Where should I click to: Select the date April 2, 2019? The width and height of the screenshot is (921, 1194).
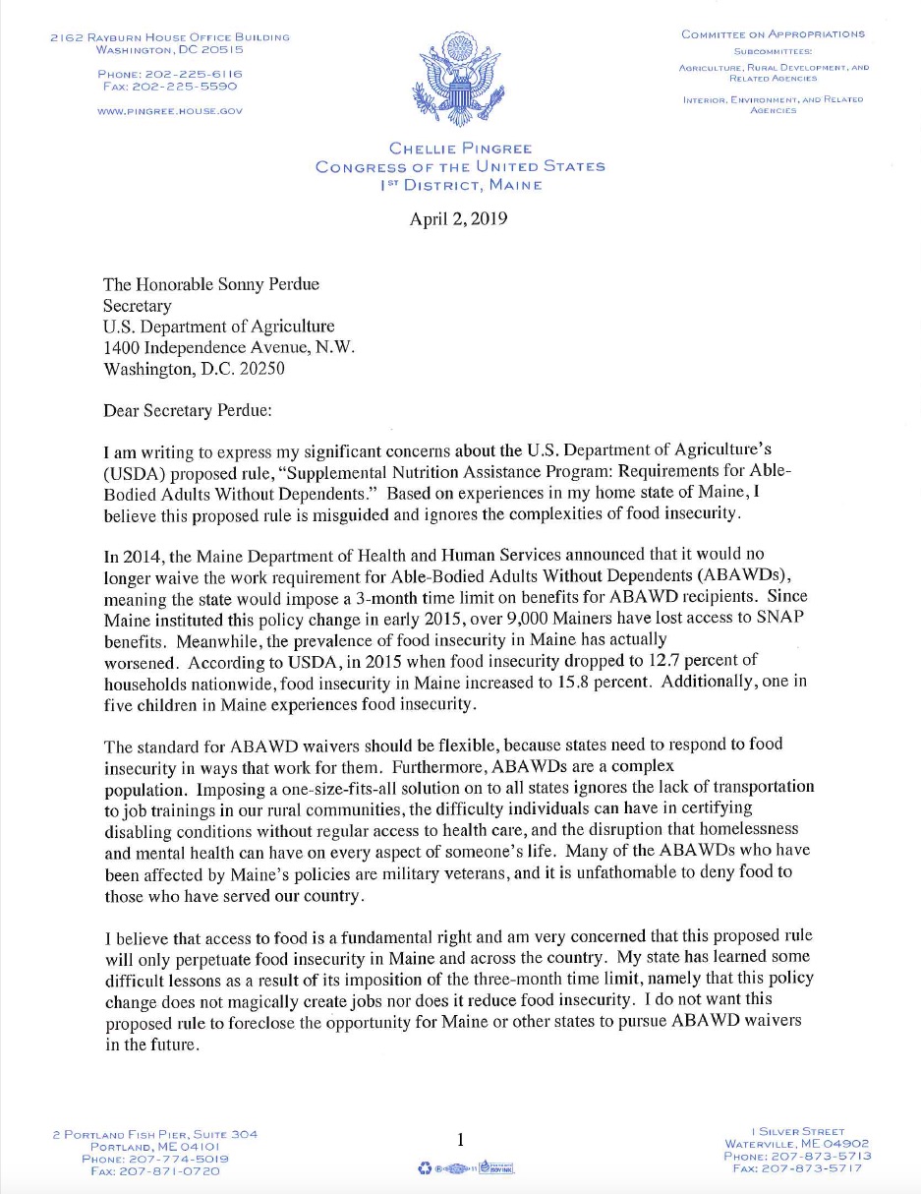pyautogui.click(x=458, y=219)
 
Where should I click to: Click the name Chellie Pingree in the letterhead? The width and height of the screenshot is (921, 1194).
pyautogui.click(x=460, y=149)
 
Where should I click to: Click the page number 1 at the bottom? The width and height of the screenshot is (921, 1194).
pyautogui.click(x=460, y=1140)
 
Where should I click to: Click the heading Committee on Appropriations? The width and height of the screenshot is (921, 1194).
pyautogui.click(x=773, y=34)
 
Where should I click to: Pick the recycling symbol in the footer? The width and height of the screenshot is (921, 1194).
pyautogui.click(x=424, y=1168)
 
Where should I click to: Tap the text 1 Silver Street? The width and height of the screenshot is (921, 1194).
pyautogui.click(x=797, y=1132)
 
